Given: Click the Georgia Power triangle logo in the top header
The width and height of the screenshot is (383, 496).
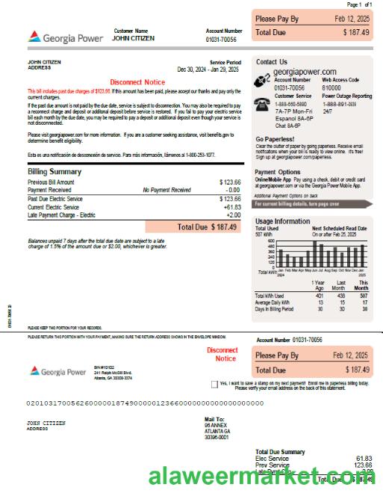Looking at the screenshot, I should [x=34, y=36].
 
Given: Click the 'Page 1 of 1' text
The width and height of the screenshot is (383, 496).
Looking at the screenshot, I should [x=358, y=4].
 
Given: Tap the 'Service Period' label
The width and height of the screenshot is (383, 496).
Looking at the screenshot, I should [x=225, y=63].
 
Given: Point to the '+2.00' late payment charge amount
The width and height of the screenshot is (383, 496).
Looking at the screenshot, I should [x=231, y=215].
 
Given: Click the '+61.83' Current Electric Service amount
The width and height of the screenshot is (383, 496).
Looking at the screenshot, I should [x=231, y=207].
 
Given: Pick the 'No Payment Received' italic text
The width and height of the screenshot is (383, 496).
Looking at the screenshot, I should [x=166, y=190].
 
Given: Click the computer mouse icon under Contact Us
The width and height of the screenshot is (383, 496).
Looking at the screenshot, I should [x=262, y=81].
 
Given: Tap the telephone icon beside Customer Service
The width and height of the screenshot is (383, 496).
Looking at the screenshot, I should [x=262, y=104].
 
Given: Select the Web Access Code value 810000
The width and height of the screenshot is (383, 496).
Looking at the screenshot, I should [x=332, y=87].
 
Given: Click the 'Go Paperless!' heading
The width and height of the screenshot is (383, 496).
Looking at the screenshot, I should [x=275, y=139].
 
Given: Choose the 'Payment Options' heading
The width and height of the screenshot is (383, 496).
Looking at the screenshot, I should [x=278, y=172].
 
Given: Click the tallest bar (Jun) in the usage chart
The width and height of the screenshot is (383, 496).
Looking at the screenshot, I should [x=315, y=253].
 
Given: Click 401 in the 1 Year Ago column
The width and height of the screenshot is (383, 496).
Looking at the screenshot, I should [x=320, y=296].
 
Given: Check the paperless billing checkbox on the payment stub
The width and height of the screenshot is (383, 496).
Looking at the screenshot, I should [x=215, y=384].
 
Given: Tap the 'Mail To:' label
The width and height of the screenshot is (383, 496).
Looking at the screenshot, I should [x=214, y=420].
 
